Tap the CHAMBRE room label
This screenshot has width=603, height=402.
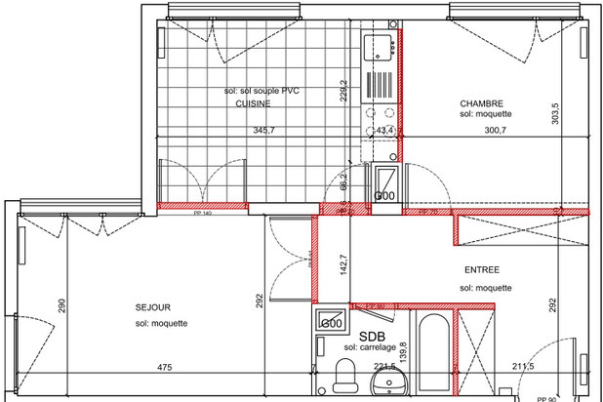480,102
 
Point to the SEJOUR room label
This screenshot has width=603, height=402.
153,307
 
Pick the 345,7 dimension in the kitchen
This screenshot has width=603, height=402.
264,130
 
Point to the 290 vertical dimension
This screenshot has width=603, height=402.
60,304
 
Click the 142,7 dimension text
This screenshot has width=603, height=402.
342,265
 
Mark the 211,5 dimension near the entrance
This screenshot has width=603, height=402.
523,368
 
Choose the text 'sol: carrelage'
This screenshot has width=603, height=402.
370,347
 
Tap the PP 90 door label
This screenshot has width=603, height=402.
546,398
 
